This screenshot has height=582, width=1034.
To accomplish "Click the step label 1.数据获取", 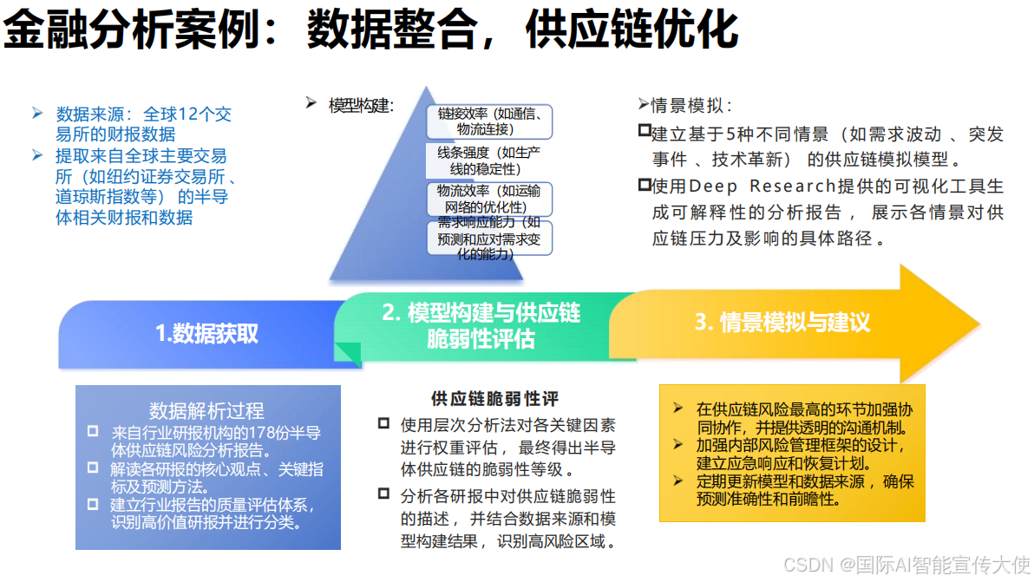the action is click(206, 333).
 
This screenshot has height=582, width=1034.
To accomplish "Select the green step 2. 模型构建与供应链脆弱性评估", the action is click(481, 325).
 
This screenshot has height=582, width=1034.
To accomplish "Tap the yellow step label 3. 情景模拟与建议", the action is click(782, 323).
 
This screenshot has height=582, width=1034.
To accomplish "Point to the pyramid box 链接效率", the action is click(489, 121).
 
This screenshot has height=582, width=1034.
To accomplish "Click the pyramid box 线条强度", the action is click(489, 161).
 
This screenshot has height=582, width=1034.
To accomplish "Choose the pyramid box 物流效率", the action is click(489, 199).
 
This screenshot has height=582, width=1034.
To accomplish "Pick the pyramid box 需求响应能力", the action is click(489, 238).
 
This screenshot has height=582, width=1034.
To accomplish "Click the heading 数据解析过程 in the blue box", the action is click(206, 410).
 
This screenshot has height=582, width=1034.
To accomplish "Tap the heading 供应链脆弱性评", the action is click(494, 399).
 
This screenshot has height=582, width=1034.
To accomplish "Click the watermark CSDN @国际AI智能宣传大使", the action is click(906, 564).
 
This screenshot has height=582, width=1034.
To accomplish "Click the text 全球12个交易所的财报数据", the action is click(143, 124).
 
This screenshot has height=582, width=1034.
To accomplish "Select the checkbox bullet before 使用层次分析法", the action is click(383, 424).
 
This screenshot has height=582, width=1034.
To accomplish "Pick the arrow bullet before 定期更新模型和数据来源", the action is click(679, 481).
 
